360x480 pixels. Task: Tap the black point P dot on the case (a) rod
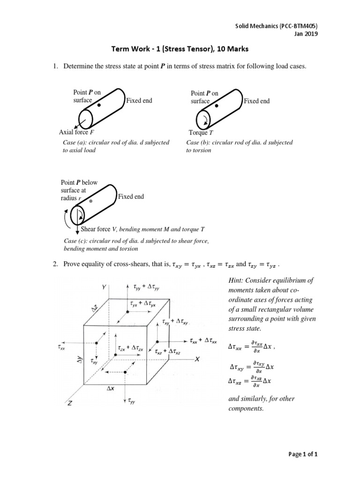tap(99, 106)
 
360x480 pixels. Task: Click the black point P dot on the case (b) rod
tap(217, 106)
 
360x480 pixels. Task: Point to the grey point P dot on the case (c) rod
tap(91, 201)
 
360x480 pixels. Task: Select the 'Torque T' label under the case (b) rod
tap(197, 133)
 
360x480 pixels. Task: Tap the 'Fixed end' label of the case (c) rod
tap(131, 197)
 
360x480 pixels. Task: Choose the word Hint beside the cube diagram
tap(235, 280)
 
